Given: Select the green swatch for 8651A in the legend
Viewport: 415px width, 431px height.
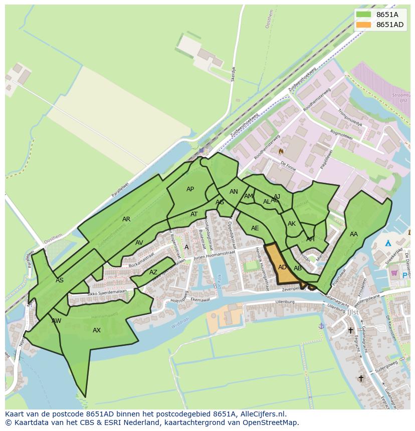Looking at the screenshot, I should (x=363, y=15).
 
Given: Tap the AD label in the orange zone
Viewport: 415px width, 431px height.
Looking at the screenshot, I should (x=282, y=267).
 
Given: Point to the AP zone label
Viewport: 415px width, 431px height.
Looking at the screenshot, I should (x=190, y=189).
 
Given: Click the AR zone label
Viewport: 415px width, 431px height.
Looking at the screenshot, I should (x=126, y=219).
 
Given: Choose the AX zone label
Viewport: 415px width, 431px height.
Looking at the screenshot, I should (x=97, y=330).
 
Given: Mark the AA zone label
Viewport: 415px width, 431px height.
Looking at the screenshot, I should (x=354, y=234).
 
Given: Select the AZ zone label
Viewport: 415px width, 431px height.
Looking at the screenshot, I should (x=153, y=272).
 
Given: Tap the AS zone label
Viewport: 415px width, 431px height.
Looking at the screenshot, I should (x=60, y=280).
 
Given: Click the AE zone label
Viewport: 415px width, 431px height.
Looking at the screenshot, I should (x=255, y=228).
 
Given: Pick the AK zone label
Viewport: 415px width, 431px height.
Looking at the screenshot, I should (x=292, y=224).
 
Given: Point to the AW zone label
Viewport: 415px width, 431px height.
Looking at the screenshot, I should (x=57, y=320).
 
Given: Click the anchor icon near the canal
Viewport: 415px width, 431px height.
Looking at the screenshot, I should (x=321, y=325).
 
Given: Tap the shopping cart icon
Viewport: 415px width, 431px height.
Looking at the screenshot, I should (x=394, y=273).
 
